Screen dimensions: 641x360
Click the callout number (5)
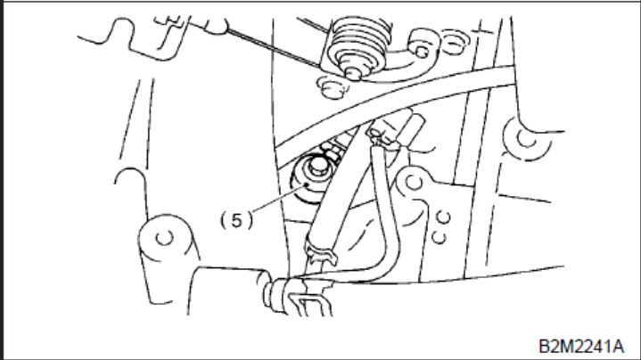[x=236, y=221]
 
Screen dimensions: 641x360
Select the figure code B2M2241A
[x=581, y=346]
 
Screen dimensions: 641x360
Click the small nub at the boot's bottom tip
[x=353, y=74]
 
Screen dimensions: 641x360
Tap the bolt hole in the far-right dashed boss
[x=527, y=138]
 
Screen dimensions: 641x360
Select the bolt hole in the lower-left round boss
[x=165, y=237]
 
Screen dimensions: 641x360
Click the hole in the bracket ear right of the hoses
[x=414, y=182]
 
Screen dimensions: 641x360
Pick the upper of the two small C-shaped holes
[x=444, y=217]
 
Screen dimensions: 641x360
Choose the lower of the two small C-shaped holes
[x=439, y=237]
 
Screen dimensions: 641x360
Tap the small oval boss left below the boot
[x=333, y=88]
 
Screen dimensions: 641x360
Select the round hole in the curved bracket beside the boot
[x=423, y=52]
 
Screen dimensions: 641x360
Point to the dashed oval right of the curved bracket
[x=454, y=42]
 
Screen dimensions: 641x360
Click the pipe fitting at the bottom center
[x=294, y=296]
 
